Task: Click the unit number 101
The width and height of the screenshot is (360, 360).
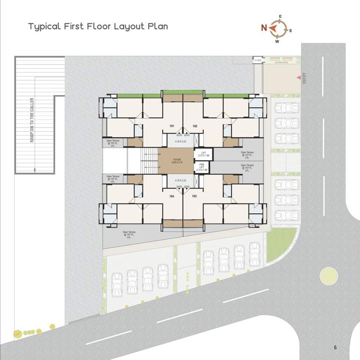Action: pyautogui.click(x=172, y=126)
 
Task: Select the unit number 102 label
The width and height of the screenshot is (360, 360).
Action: pyautogui.click(x=195, y=126)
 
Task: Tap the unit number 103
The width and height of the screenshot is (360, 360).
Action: pyautogui.click(x=195, y=196)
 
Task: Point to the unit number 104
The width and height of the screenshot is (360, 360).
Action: pyautogui.click(x=172, y=196)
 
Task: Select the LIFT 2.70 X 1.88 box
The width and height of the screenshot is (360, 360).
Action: pyautogui.click(x=203, y=154)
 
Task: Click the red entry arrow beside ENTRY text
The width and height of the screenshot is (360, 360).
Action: pyautogui.click(x=298, y=77)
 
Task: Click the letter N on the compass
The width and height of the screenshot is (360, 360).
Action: pyautogui.click(x=264, y=28)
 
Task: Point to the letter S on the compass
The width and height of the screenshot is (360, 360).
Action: pyautogui.click(x=291, y=31)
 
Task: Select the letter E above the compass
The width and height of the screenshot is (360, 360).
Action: pyautogui.click(x=280, y=17)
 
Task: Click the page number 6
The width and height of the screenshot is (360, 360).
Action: pyautogui.click(x=335, y=347)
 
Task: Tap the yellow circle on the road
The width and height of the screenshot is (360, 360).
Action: pyautogui.click(x=329, y=276)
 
